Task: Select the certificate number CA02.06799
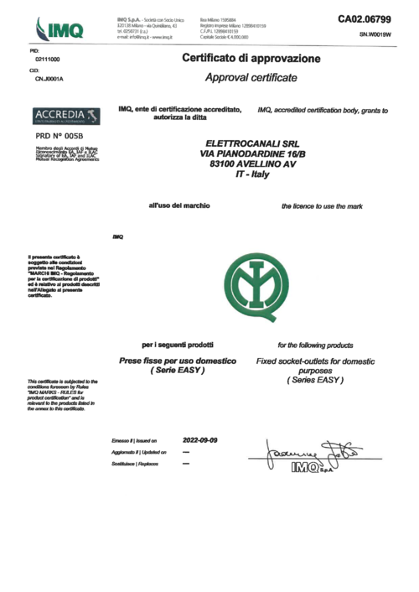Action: [365, 18]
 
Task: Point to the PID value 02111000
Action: [47, 61]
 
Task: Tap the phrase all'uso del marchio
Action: [178, 205]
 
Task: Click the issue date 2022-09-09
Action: [200, 439]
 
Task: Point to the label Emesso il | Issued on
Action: [134, 440]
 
